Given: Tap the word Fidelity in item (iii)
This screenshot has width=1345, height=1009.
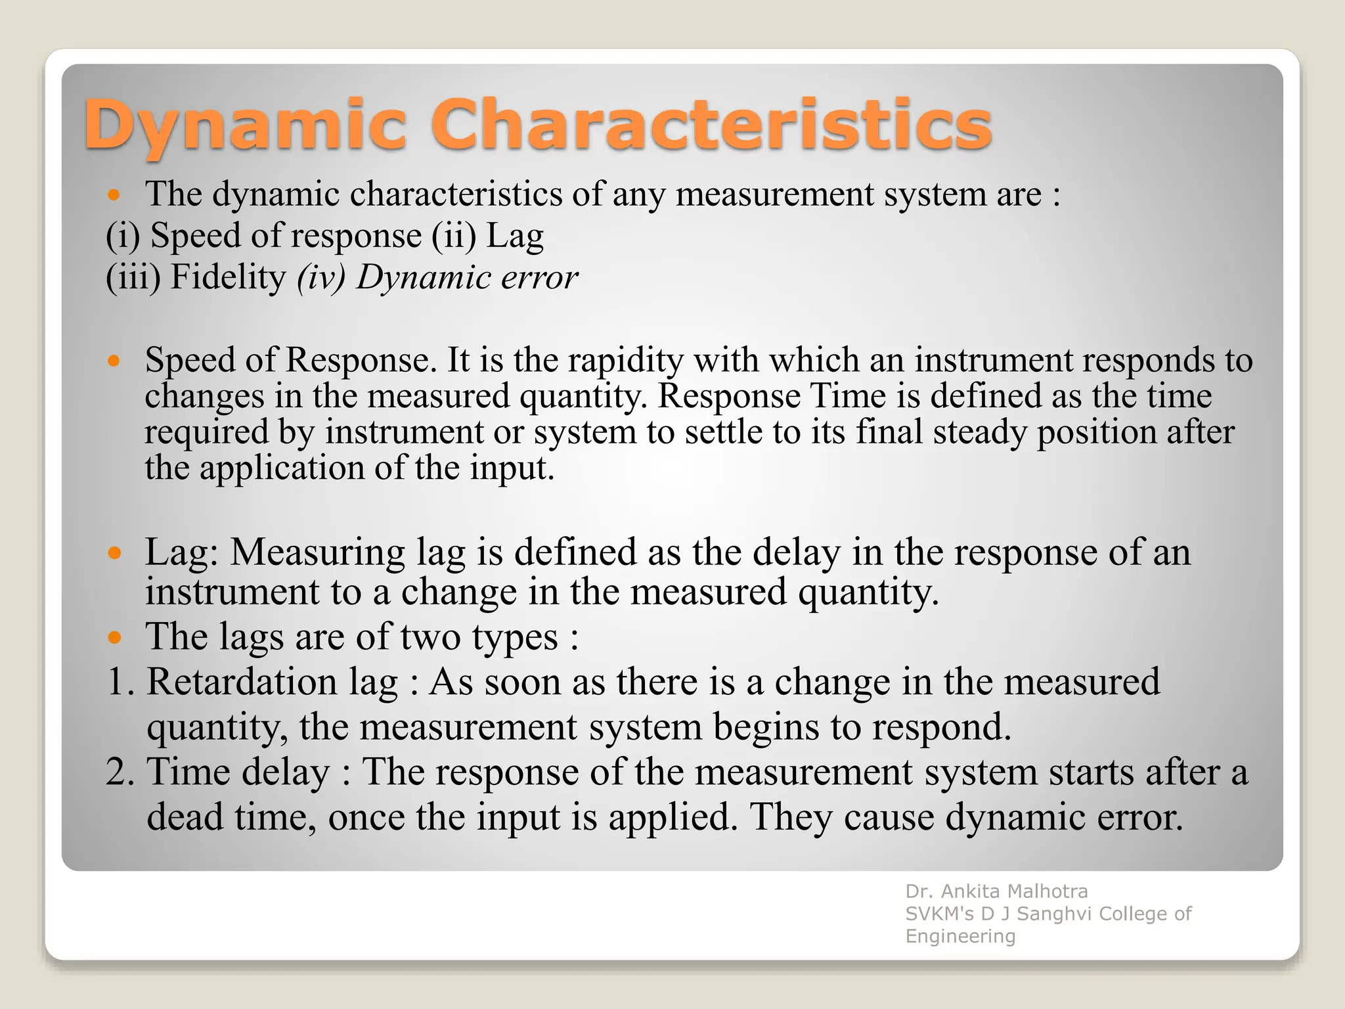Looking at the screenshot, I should pyautogui.click(x=228, y=277).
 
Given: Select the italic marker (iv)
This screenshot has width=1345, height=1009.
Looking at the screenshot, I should pyautogui.click(x=321, y=277).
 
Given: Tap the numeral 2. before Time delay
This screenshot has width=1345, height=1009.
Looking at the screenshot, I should pyautogui.click(x=120, y=772).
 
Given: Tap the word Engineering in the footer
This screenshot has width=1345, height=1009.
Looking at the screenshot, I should pyautogui.click(x=960, y=936).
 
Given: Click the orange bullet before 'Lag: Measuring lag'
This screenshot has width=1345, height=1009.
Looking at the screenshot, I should pyautogui.click(x=114, y=553).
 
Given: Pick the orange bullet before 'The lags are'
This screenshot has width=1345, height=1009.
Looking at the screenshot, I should pyautogui.click(x=114, y=637).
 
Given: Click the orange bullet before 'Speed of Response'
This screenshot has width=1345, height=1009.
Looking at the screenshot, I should pyautogui.click(x=114, y=361).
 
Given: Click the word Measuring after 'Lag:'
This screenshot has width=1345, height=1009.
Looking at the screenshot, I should pyautogui.click(x=317, y=553).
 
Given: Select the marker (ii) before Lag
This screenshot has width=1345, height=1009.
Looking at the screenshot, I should pyautogui.click(x=453, y=236).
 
